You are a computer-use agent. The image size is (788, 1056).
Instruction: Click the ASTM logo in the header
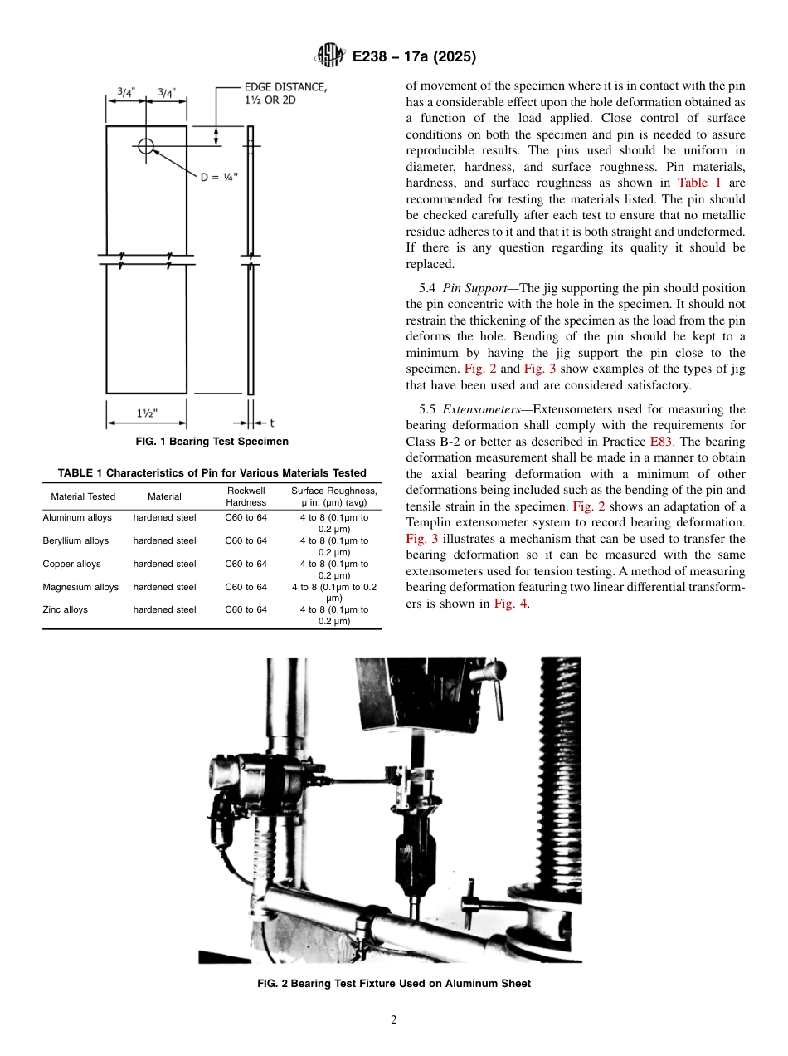pos(329,56)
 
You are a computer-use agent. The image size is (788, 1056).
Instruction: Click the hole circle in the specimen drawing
pos(146,146)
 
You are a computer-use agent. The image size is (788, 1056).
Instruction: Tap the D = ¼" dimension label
pos(219,177)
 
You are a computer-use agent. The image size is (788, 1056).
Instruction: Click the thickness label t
pos(272,423)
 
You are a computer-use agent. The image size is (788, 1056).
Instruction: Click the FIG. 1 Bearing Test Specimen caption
pos(212,442)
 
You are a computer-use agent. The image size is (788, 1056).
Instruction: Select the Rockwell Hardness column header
pos(246,496)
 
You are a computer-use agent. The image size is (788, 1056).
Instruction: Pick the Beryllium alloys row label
pos(75,540)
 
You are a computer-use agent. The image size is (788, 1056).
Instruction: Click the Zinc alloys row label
pos(65,609)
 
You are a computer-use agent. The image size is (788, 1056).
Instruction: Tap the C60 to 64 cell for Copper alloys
pos(246,564)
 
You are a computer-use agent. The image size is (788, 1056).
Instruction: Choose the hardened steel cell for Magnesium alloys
pos(164,587)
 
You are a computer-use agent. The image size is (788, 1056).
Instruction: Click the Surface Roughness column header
pos(333,496)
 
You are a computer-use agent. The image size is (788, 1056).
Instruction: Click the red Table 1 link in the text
pos(699,183)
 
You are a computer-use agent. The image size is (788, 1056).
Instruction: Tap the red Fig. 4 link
pos(511,604)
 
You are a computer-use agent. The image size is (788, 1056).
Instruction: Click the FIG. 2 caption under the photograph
pos(394,984)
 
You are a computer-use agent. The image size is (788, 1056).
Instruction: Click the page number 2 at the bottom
pos(394,1020)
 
